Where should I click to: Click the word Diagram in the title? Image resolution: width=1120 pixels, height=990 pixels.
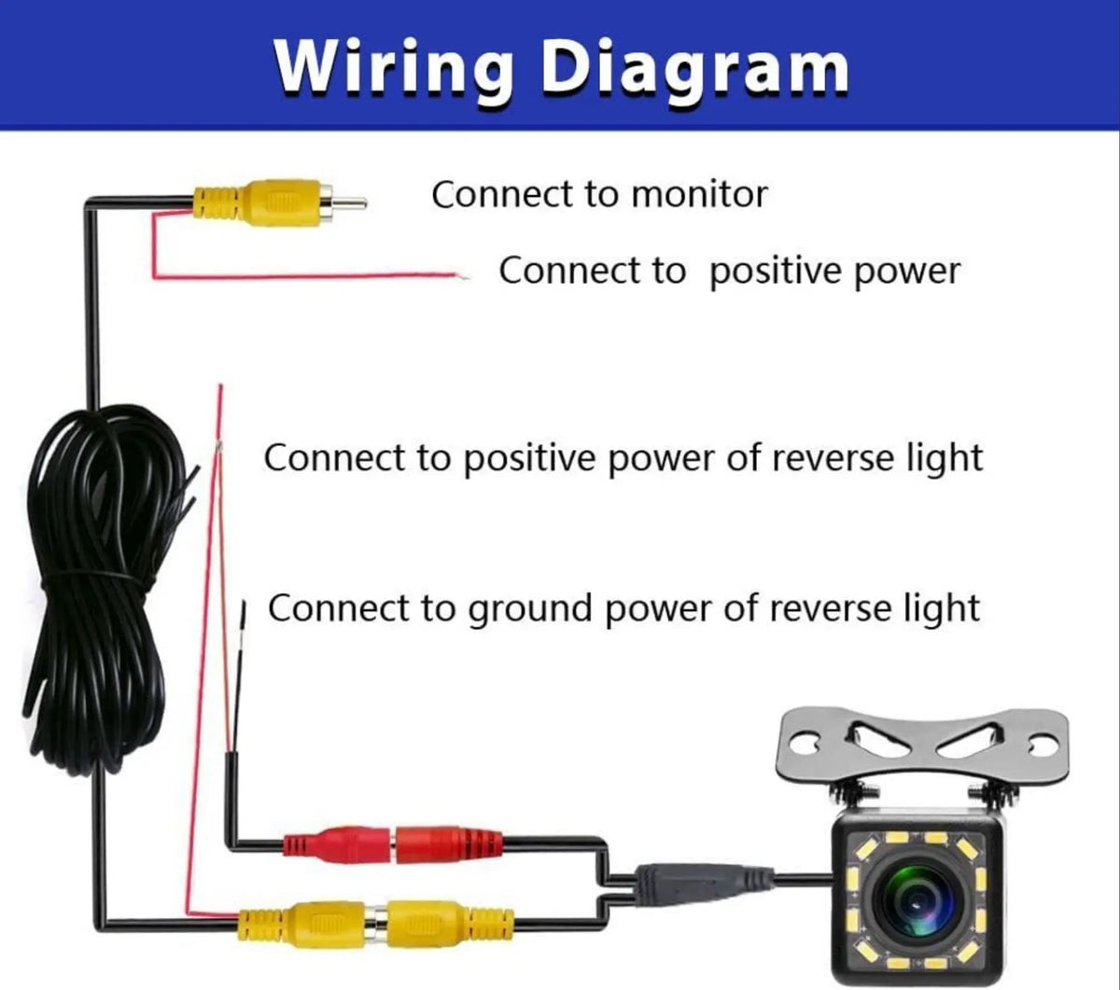[694, 67]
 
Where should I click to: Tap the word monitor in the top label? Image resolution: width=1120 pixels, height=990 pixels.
[699, 195]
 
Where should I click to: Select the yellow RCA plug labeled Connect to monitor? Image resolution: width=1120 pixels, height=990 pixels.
[271, 202]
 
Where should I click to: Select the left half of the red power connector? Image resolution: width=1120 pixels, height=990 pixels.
[336, 846]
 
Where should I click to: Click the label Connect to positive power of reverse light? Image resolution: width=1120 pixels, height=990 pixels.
[623, 459]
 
